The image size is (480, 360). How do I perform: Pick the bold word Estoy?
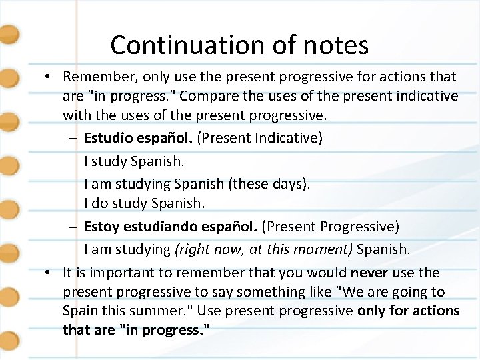pyautogui.click(x=102, y=227)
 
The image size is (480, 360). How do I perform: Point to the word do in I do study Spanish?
pyautogui.click(x=100, y=204)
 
